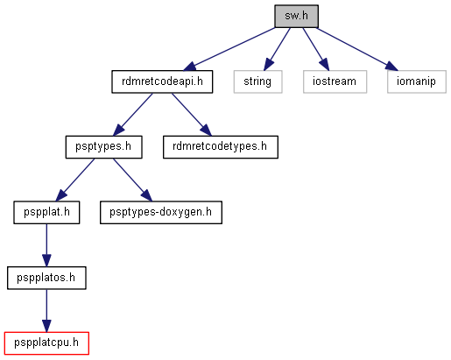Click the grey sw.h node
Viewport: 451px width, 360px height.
[296, 16]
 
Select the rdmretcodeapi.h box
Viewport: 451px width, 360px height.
[162, 81]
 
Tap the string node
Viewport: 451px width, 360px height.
[257, 81]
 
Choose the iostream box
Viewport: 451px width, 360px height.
[335, 81]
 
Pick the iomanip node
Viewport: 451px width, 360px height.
[417, 81]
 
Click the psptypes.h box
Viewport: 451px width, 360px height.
[103, 147]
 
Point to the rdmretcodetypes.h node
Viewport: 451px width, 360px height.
[221, 147]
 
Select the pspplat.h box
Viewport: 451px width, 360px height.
[46, 213]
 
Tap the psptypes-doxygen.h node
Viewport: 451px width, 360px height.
[161, 213]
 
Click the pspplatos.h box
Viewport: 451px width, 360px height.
[46, 278]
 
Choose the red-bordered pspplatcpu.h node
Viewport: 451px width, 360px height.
[46, 343]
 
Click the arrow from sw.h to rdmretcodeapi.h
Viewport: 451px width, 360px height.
[229, 49]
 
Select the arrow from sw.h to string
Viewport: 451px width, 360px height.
[277, 49]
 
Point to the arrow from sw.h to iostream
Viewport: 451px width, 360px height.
[316, 49]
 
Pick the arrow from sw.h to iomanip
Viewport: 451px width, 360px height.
[357, 49]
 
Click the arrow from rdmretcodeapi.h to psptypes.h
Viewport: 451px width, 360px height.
[133, 115]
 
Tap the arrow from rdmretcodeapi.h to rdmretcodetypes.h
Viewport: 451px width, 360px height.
[192, 115]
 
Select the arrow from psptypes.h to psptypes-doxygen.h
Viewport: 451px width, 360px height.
[133, 180]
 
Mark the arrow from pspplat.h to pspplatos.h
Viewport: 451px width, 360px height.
[46, 245]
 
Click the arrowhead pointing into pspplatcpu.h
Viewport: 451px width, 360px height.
[46, 326]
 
